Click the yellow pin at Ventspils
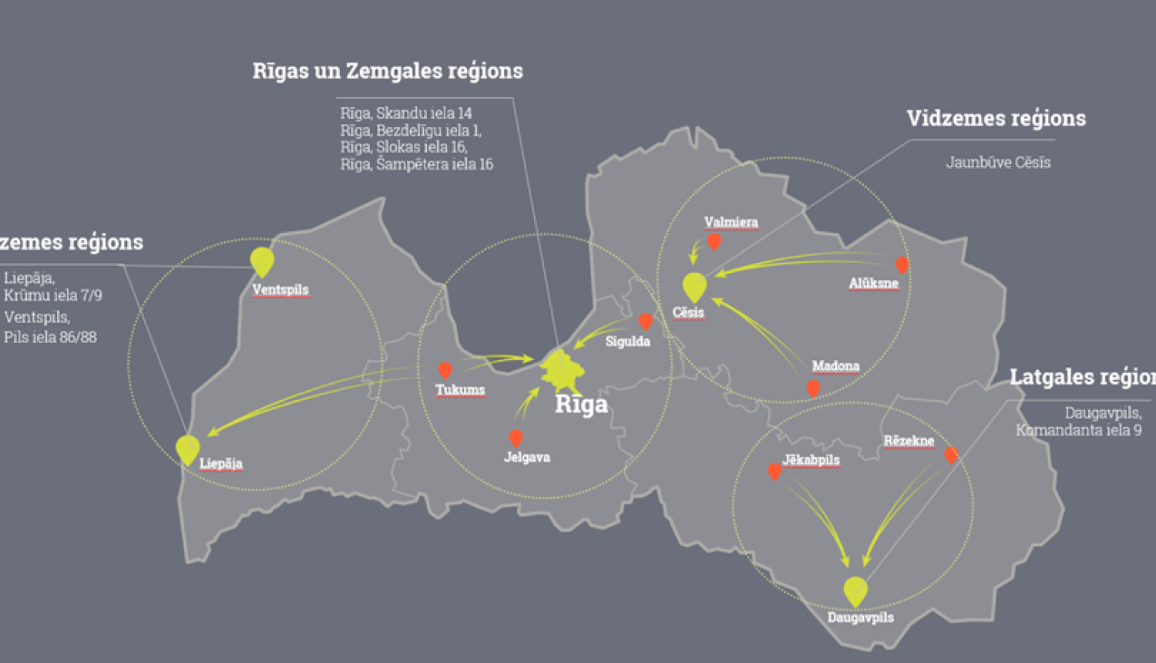pyautogui.click(x=262, y=260)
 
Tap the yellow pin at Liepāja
pyautogui.click(x=187, y=448)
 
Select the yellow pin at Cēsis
pyautogui.click(x=694, y=286)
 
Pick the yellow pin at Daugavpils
pyautogui.click(x=855, y=590)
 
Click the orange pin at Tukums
pyautogui.click(x=445, y=370)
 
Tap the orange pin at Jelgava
pyautogui.click(x=516, y=438)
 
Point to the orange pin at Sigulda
pyautogui.click(x=646, y=320)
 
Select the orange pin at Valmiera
pyautogui.click(x=714, y=241)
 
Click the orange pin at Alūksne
pyautogui.click(x=901, y=264)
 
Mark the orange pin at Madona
pyautogui.click(x=813, y=388)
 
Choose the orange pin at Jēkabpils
pyautogui.click(x=775, y=470)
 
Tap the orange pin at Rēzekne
pyautogui.click(x=951, y=454)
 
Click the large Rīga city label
pyautogui.click(x=581, y=404)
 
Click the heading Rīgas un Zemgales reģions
pyautogui.click(x=388, y=71)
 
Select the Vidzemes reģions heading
pyautogui.click(x=996, y=118)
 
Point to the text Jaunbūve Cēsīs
pyautogui.click(x=998, y=163)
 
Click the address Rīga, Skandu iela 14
pyautogui.click(x=406, y=113)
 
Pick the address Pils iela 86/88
pyautogui.click(x=50, y=337)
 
